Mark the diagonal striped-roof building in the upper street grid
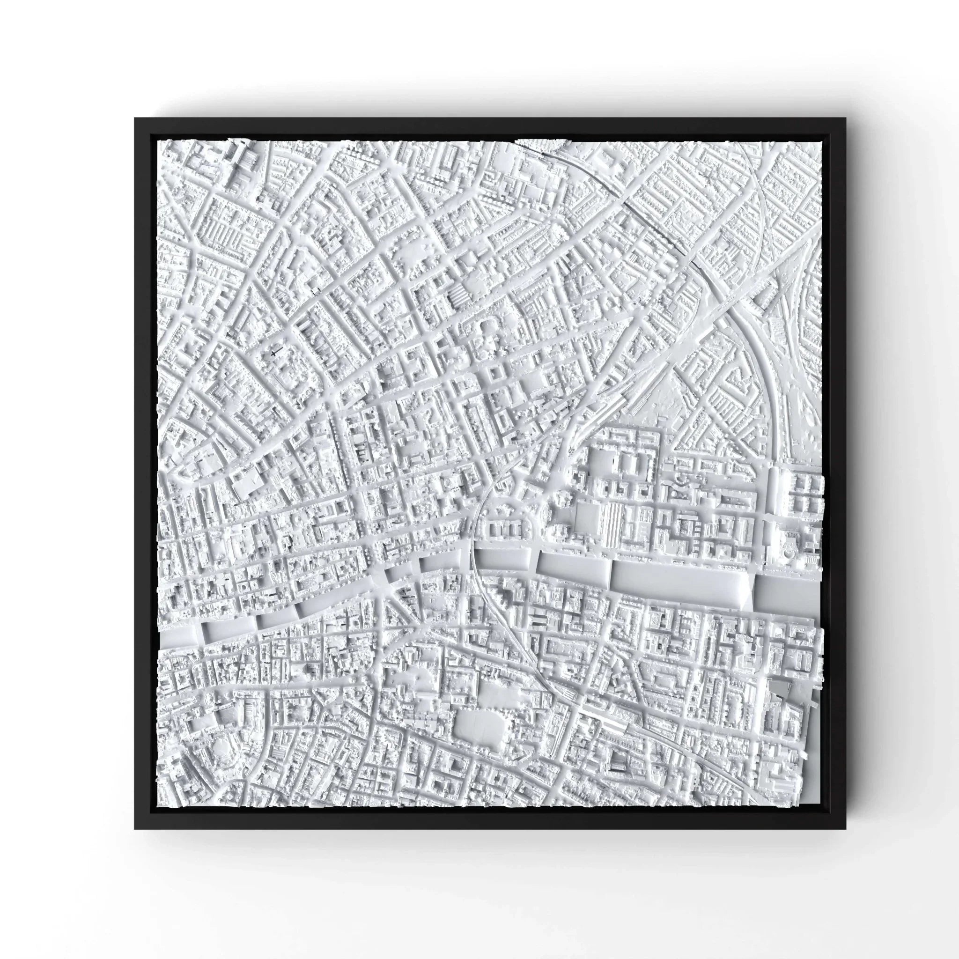pyautogui.click(x=457, y=297)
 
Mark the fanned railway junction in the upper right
pyautogui.click(x=789, y=317)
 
